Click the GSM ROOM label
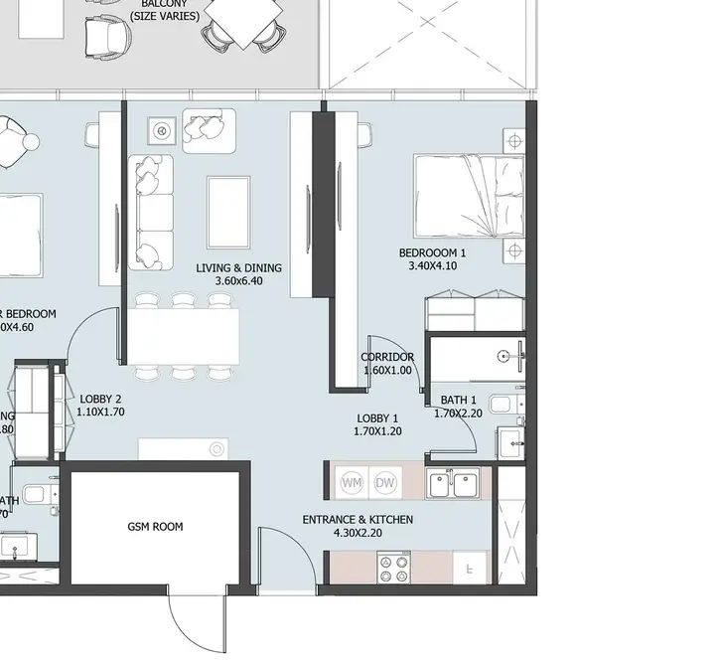click(x=155, y=527)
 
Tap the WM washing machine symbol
click(x=352, y=483)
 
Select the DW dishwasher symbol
click(x=385, y=483)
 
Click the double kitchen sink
click(x=453, y=484)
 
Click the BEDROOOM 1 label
click(x=432, y=252)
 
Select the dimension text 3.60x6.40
click(x=238, y=281)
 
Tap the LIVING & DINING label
click(x=238, y=267)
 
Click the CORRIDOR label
click(x=386, y=357)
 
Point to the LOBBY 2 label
click(x=100, y=399)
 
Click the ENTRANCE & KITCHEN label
click(x=358, y=520)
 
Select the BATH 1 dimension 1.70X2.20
click(x=458, y=414)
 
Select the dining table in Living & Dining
click(x=185, y=336)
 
